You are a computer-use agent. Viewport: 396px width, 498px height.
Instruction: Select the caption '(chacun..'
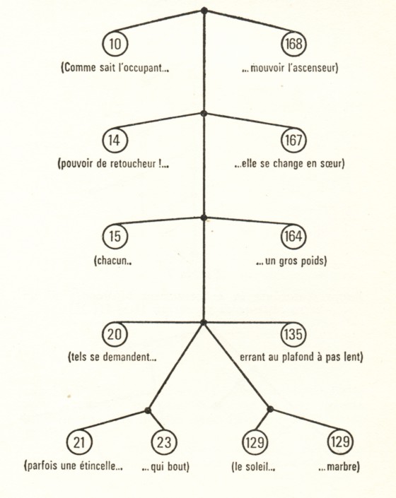point(113,261)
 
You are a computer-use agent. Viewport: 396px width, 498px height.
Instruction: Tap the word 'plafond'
point(298,357)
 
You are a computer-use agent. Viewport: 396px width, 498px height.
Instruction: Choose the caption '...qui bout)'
point(165,467)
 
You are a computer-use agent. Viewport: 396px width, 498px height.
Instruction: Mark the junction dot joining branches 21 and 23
point(147,410)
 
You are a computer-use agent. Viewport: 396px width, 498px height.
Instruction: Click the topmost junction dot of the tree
point(204,11)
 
